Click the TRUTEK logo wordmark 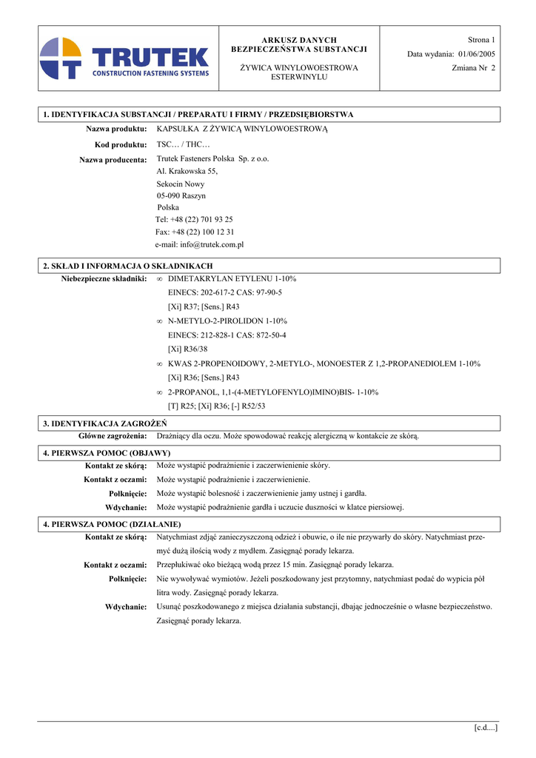pos(150,56)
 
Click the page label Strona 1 pos(481,39)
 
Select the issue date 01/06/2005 pos(477,53)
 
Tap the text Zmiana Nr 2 pos(473,67)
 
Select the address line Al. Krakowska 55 pos(187,171)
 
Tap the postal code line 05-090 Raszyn pos(181,195)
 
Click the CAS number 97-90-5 pos(265,292)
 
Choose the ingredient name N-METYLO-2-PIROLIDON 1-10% pos(227,321)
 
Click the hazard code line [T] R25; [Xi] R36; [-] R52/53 pos(216,406)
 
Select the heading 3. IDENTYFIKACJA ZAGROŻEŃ pos(104,423)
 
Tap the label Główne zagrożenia pos(113,436)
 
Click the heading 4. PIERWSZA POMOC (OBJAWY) pos(107,452)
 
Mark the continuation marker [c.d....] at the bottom pos(486,728)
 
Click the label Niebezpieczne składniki pos(104,278)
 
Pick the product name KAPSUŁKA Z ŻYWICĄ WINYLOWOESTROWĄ pos(242,129)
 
